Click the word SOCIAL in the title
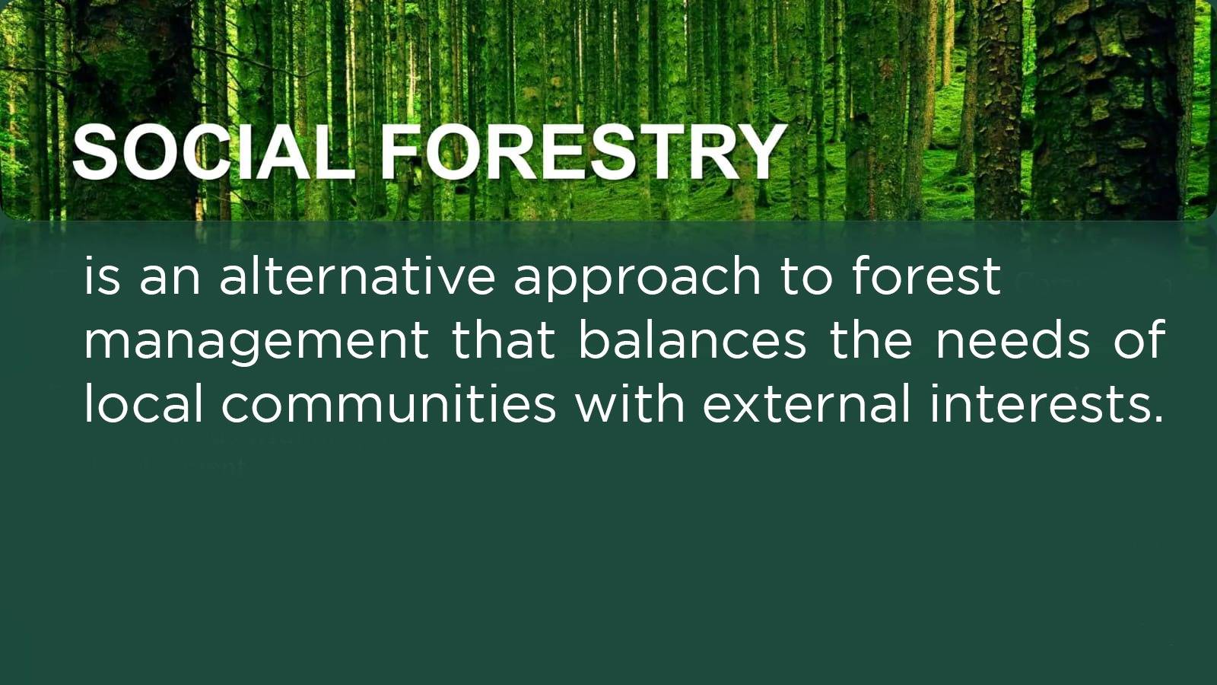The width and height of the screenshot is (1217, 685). [x=213, y=151]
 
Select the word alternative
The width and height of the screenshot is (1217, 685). [x=357, y=276]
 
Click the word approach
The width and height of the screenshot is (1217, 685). [x=637, y=281]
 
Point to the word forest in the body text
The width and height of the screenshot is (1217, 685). [x=925, y=276]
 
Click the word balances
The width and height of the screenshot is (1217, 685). [x=691, y=339]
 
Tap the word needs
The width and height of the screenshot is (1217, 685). [x=1012, y=339]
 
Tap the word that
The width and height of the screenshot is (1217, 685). [x=504, y=339]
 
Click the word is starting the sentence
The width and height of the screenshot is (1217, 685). [x=102, y=277]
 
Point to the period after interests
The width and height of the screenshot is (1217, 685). [x=1157, y=418]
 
